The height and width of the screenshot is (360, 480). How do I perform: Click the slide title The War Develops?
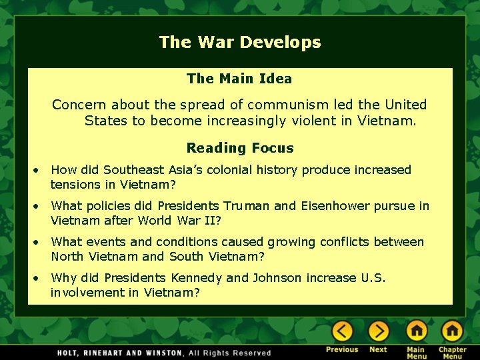[240, 43]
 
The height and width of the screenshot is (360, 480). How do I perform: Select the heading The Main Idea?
[239, 79]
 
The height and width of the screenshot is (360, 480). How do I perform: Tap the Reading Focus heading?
[239, 148]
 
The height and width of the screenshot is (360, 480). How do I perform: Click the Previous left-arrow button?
[342, 331]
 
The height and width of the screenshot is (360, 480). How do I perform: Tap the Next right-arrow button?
[378, 331]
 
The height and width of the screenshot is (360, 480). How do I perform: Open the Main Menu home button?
[417, 331]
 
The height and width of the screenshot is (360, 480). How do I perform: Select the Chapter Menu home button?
[452, 331]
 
